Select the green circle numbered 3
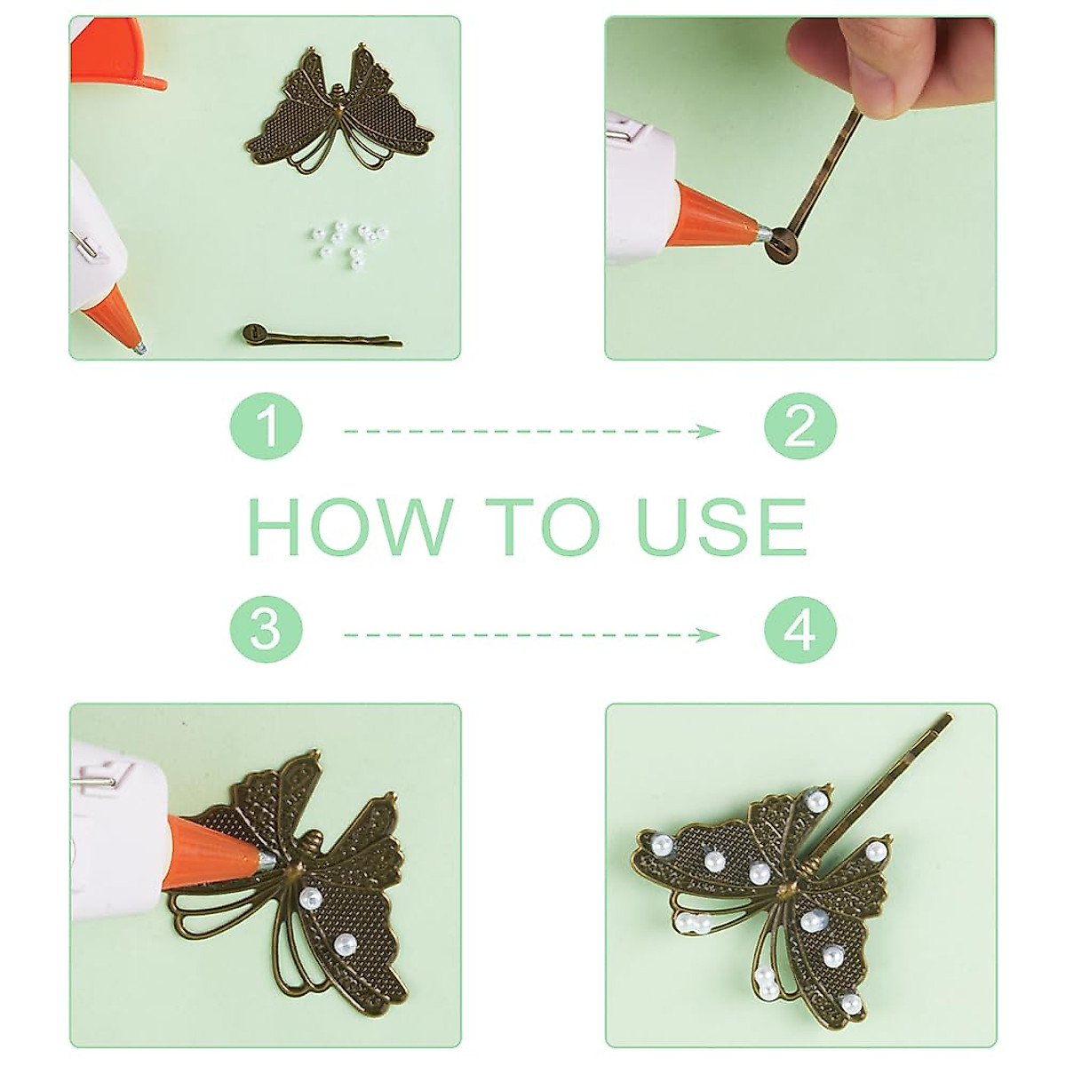click(266, 634)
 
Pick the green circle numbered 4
click(799, 634)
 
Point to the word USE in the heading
click(720, 526)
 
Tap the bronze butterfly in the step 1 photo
click(339, 108)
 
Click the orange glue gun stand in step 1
click(119, 54)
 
